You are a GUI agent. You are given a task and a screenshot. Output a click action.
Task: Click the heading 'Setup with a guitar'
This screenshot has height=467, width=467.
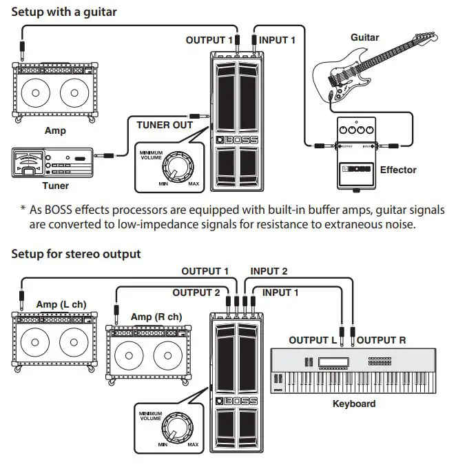click(x=64, y=12)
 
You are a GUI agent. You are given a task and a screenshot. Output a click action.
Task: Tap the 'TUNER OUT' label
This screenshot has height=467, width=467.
click(x=165, y=125)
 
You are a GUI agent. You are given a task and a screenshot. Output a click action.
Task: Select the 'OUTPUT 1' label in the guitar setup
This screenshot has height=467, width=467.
click(x=209, y=40)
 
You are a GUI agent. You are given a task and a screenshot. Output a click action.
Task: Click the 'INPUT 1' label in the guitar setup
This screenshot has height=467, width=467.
click(x=277, y=40)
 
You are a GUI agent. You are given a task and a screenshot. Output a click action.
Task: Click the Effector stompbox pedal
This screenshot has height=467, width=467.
click(x=355, y=153)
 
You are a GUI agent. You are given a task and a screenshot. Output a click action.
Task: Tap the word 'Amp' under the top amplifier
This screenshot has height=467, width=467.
click(x=55, y=130)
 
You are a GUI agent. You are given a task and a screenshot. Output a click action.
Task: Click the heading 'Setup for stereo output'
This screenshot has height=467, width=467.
click(x=76, y=254)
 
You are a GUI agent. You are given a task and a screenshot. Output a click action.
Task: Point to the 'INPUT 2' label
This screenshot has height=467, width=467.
click(x=269, y=272)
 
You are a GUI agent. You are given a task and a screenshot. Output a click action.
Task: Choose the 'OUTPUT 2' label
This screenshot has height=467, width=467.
click(x=196, y=292)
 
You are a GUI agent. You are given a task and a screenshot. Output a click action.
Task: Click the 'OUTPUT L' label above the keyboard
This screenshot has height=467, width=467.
click(x=313, y=340)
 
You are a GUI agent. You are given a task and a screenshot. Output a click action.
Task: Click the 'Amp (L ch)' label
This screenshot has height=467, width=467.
click(x=61, y=304)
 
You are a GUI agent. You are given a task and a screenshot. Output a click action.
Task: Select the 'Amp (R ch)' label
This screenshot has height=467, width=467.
click(x=156, y=317)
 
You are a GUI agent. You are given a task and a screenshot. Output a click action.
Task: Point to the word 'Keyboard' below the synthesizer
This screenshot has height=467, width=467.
click(x=354, y=404)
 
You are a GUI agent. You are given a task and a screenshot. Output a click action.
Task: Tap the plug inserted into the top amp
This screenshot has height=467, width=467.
click(x=22, y=49)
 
